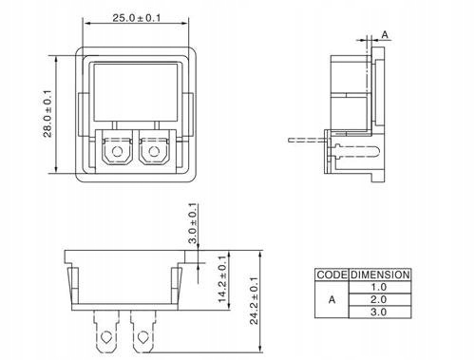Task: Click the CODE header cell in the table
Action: [x=331, y=275]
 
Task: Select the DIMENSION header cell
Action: [x=379, y=275]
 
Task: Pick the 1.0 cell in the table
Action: [x=379, y=286]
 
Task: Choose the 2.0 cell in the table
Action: [x=379, y=298]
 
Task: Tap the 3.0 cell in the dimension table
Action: [x=379, y=311]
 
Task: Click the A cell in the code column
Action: [x=331, y=298]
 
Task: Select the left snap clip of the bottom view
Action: [x=72, y=285]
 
